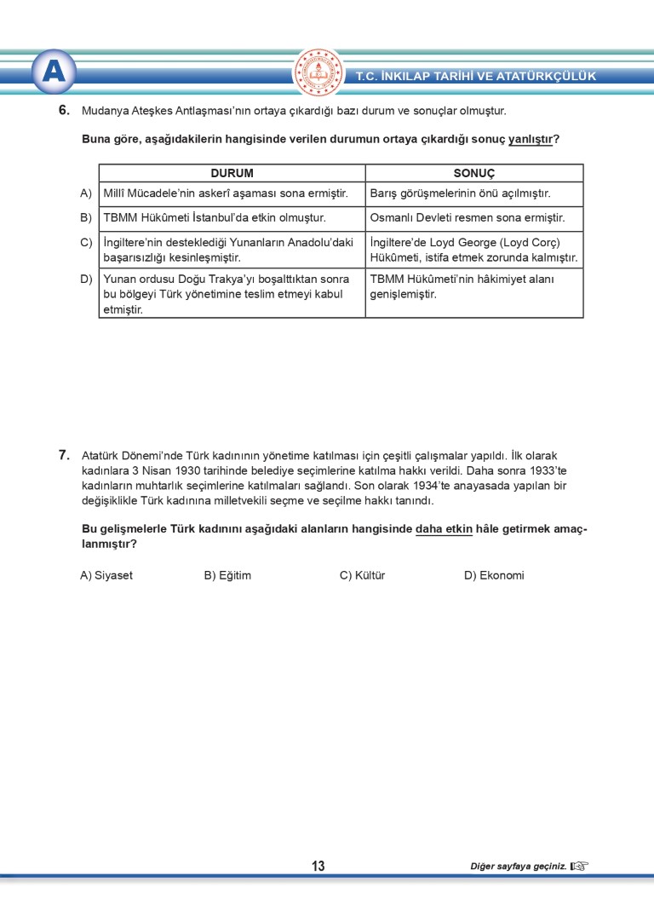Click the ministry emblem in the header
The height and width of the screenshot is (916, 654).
click(x=318, y=72)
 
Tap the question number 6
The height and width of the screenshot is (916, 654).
click(x=63, y=110)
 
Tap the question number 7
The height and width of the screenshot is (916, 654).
click(x=63, y=455)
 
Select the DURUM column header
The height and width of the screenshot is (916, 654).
click(x=232, y=173)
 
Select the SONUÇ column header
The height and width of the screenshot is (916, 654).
click(x=473, y=173)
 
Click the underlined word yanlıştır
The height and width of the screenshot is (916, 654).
click(x=530, y=139)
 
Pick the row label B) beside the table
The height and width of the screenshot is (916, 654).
click(x=86, y=218)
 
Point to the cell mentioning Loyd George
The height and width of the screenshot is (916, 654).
click(x=473, y=250)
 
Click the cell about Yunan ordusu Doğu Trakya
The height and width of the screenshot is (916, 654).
click(x=227, y=294)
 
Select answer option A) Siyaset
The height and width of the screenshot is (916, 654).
click(x=106, y=575)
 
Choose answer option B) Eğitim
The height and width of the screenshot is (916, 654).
click(x=227, y=575)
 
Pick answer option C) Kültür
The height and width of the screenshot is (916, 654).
click(x=362, y=575)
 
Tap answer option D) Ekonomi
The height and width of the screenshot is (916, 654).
click(x=494, y=575)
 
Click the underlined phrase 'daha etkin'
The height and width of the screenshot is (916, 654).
click(x=444, y=528)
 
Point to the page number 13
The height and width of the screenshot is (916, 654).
click(x=318, y=867)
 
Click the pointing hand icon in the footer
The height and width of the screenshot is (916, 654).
click(x=579, y=867)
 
